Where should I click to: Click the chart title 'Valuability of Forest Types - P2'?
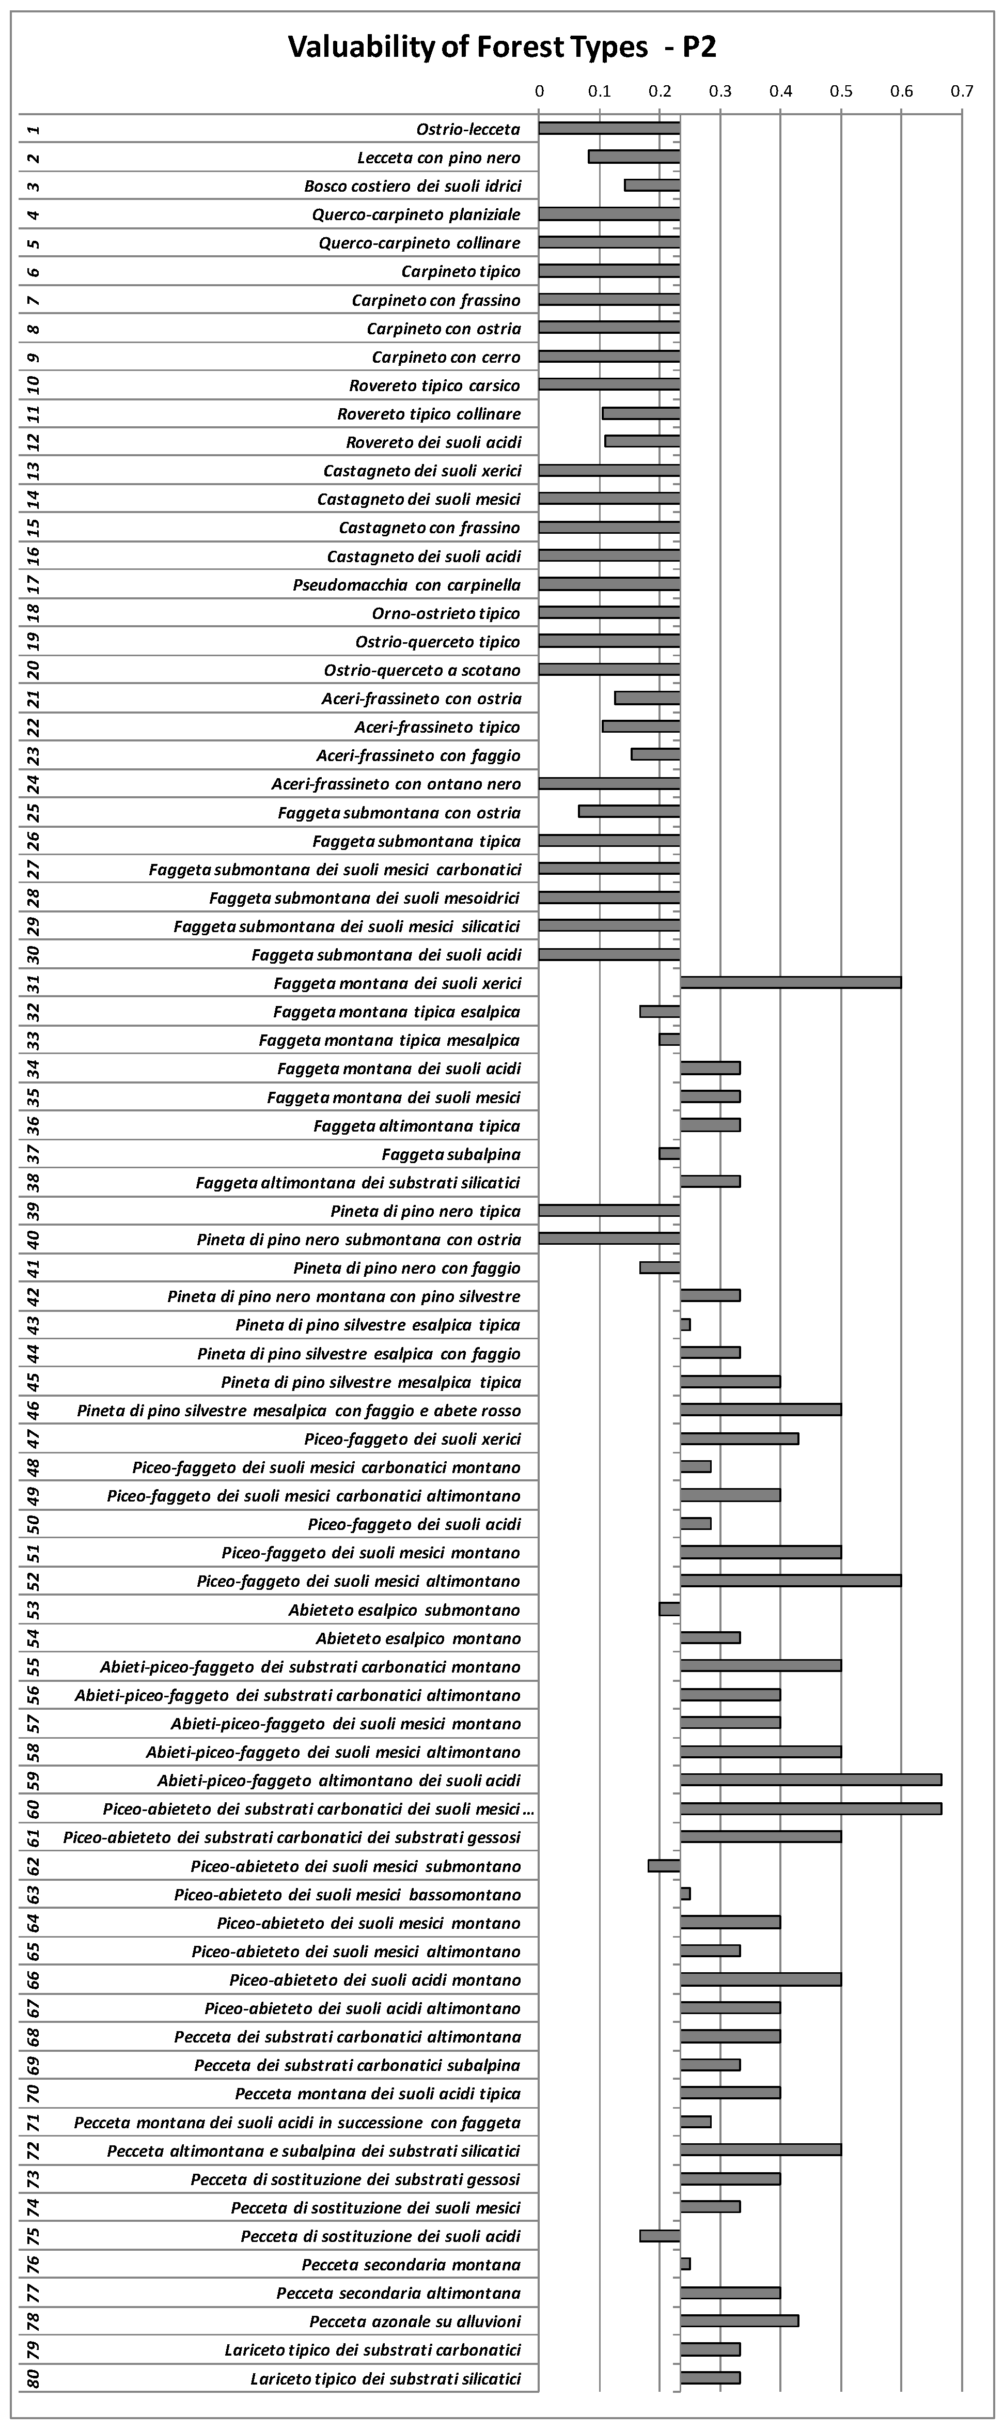coord(501,47)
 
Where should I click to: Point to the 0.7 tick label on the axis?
coord(962,91)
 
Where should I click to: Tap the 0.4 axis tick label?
coord(780,91)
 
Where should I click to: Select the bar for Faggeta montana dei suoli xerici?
coord(790,983)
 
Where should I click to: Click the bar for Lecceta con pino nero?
coord(634,157)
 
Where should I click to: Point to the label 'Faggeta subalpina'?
coord(451,1154)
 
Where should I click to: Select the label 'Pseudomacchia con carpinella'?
coord(406,584)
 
